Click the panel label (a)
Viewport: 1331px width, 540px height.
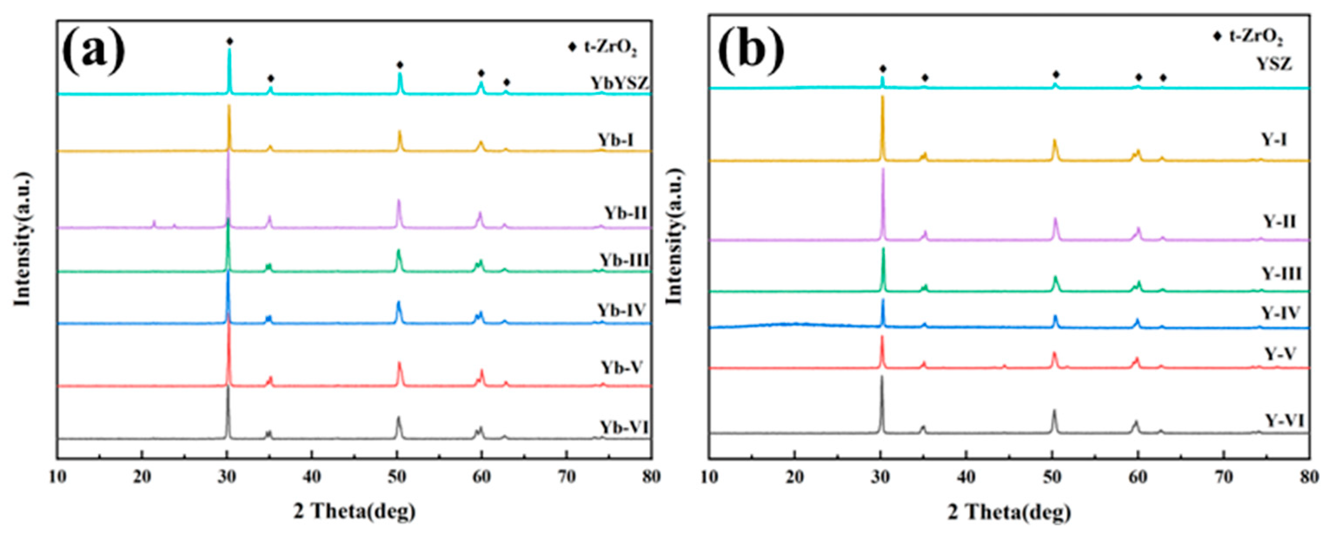coord(94,52)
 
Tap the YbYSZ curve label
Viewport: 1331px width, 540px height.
coord(620,83)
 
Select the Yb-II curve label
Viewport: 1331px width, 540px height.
coord(626,213)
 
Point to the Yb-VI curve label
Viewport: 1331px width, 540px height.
coord(624,428)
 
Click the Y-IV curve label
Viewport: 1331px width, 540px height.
coord(1280,313)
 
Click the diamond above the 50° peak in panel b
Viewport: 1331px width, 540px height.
coord(1056,74)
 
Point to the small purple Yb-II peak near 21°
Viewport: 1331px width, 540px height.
coord(154,223)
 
